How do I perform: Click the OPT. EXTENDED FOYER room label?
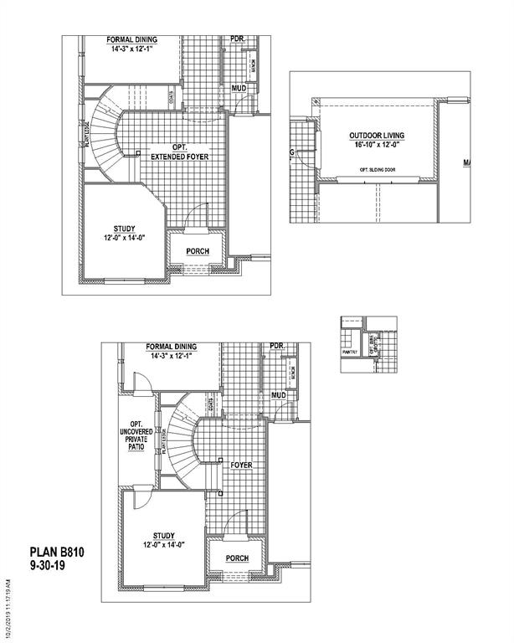(179, 152)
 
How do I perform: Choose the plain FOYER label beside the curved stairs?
(240, 465)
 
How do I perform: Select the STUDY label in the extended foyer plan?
(124, 232)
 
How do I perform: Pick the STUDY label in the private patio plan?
(163, 538)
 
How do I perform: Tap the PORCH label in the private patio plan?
(238, 558)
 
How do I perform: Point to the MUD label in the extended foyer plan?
(239, 87)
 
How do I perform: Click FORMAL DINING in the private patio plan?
(171, 347)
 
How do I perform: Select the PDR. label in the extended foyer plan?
(237, 39)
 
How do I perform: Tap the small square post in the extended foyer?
(138, 152)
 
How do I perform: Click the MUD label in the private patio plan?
(279, 394)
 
